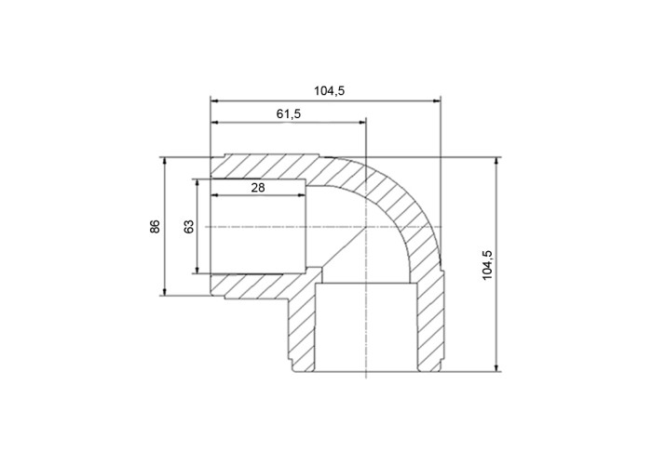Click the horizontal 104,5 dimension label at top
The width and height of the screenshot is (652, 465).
[330, 90]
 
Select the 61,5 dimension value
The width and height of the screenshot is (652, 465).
[289, 113]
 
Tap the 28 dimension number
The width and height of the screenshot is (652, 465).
[258, 188]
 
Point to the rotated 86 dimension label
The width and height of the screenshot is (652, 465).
[155, 227]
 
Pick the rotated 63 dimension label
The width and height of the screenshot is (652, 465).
[189, 227]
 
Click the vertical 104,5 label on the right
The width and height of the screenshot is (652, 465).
[487, 265]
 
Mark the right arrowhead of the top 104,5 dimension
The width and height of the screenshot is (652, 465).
[437, 100]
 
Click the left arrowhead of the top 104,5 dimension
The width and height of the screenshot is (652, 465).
[214, 100]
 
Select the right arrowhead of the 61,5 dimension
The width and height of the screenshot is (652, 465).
[361, 122]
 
